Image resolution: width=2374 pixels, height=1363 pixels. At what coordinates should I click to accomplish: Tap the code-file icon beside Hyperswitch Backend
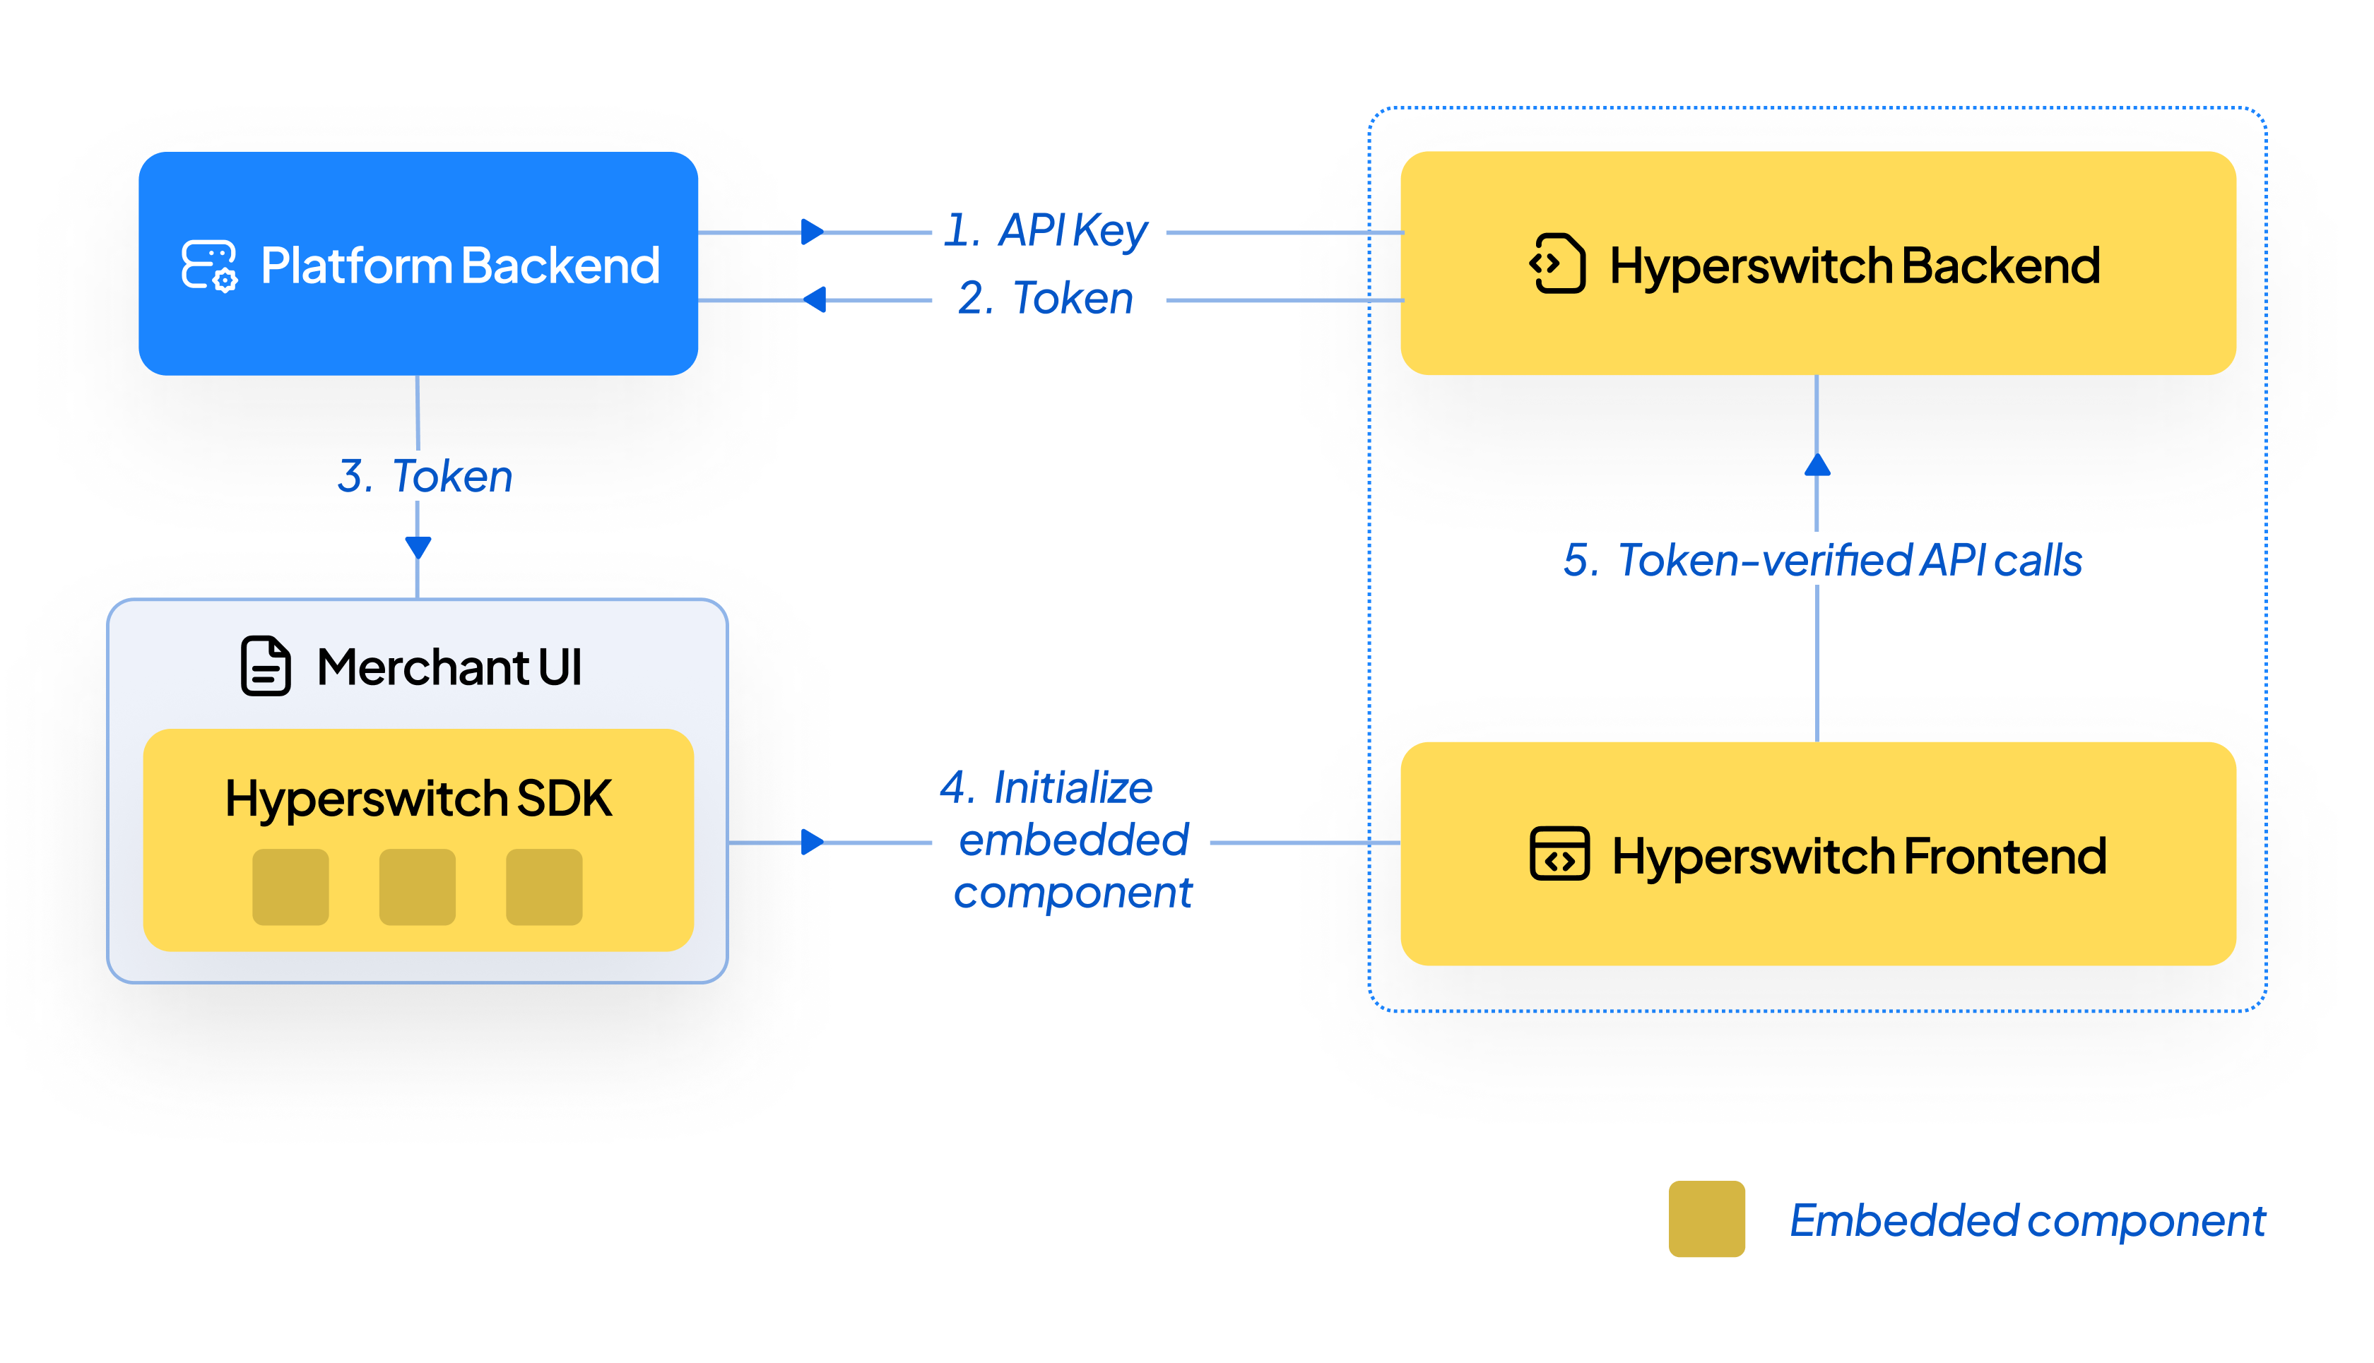(x=1557, y=264)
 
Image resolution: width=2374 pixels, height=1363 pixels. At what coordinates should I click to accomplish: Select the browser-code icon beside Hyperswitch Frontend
(x=1559, y=854)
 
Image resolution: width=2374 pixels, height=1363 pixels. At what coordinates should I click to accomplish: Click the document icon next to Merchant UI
(x=266, y=667)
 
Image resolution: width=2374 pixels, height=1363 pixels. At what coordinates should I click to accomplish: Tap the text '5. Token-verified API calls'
(x=1821, y=561)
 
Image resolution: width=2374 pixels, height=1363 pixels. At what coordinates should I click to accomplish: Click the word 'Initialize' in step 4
(x=1073, y=787)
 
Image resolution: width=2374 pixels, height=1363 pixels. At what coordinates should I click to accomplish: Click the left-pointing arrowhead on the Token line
(x=815, y=299)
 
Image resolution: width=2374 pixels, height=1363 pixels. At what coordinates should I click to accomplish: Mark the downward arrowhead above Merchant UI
(x=418, y=547)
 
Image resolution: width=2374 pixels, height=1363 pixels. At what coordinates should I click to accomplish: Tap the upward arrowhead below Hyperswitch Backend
(x=1817, y=465)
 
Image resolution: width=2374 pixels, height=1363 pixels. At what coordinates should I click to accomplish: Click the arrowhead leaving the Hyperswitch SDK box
(x=812, y=842)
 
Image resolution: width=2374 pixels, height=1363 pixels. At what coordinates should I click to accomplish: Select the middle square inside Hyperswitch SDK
(x=418, y=886)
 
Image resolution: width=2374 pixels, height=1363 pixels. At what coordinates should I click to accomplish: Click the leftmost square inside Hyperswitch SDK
(x=290, y=886)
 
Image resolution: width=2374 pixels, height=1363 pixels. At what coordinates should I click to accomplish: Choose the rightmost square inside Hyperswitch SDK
(x=544, y=886)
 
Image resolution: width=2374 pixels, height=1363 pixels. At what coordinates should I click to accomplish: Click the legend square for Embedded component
(x=1706, y=1218)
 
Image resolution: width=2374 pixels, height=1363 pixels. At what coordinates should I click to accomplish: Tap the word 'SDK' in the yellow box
(x=564, y=799)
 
